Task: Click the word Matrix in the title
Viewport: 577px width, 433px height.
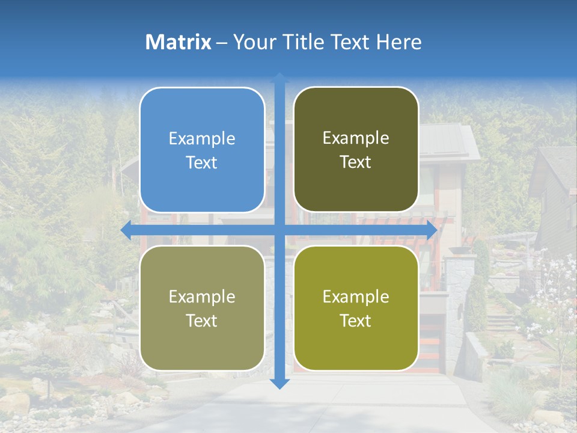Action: pos(179,42)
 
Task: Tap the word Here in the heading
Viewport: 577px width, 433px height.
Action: pos(399,42)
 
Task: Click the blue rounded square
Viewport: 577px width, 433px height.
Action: pos(202,150)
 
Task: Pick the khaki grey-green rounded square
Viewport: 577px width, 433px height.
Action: pos(202,308)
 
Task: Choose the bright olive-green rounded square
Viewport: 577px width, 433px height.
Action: pos(356,308)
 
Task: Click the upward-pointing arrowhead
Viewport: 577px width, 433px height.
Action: pos(279,77)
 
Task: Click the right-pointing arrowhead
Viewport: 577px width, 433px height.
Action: pos(432,230)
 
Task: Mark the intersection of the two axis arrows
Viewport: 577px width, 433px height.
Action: pos(279,230)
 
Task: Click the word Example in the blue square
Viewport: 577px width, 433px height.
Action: pos(202,139)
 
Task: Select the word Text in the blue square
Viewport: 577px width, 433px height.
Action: pos(202,162)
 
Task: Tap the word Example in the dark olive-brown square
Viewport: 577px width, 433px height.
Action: pos(356,138)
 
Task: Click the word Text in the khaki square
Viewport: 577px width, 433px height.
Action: pos(202,321)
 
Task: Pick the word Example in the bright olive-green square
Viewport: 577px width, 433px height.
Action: pos(356,296)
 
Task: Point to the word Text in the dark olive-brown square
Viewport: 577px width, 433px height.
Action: pos(356,162)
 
